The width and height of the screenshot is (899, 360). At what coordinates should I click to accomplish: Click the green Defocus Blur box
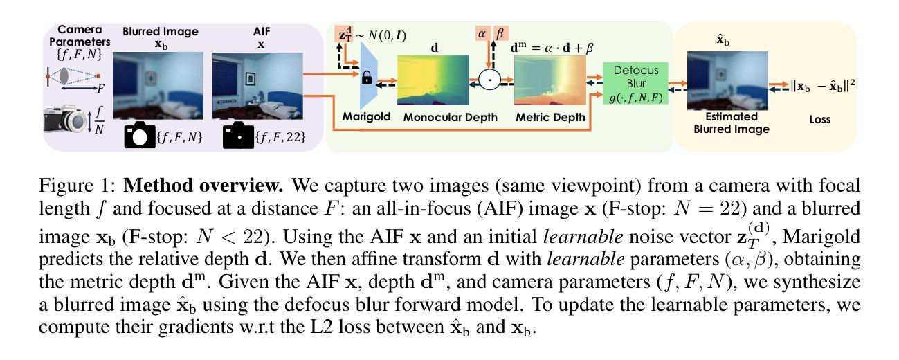click(x=635, y=84)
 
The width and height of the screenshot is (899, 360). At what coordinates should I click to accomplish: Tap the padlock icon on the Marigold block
click(x=366, y=79)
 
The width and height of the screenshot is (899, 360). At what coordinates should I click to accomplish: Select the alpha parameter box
click(x=482, y=33)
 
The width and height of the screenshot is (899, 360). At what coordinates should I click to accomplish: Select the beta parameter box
click(x=498, y=33)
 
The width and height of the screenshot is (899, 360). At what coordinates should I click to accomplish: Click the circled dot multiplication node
click(x=491, y=80)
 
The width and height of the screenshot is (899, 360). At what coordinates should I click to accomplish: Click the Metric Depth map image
click(x=548, y=81)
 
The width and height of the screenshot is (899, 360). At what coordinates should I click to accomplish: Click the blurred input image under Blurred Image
click(x=158, y=85)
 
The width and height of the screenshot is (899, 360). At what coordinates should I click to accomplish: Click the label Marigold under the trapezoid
click(x=366, y=118)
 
